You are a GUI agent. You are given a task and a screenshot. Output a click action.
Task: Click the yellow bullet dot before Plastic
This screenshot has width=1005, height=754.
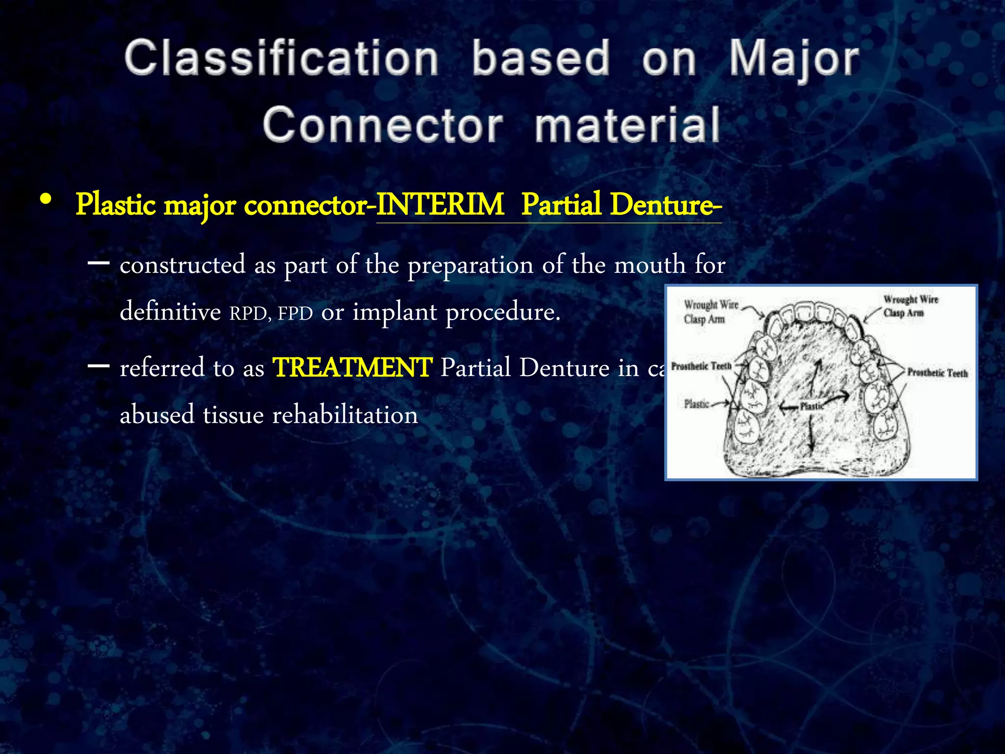tap(46, 200)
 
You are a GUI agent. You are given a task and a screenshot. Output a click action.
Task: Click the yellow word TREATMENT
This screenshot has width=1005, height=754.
tap(352, 367)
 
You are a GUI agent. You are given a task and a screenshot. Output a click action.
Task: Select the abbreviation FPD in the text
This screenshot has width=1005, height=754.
tap(295, 313)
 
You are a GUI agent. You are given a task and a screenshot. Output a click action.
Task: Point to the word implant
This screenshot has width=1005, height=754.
tap(395, 312)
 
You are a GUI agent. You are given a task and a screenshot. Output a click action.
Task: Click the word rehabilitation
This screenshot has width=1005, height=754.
tap(345, 415)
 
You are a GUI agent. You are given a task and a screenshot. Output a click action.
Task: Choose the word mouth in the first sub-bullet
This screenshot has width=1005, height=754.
tap(650, 265)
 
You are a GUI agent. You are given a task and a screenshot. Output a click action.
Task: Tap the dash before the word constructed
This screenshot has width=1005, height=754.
tap(98, 263)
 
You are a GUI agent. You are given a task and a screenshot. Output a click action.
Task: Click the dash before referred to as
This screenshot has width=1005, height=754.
tap(98, 366)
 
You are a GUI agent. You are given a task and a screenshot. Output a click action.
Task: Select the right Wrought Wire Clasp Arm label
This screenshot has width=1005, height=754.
tap(910, 306)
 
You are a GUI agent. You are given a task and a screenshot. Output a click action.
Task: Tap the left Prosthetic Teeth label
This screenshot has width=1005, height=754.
tap(701, 366)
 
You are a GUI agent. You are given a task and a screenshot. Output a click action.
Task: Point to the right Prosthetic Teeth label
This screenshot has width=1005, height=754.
tap(937, 373)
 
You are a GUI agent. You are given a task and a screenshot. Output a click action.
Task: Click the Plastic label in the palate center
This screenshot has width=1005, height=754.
tap(812, 406)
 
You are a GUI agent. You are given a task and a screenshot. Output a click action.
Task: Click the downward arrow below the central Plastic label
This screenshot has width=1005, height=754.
tap(811, 434)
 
